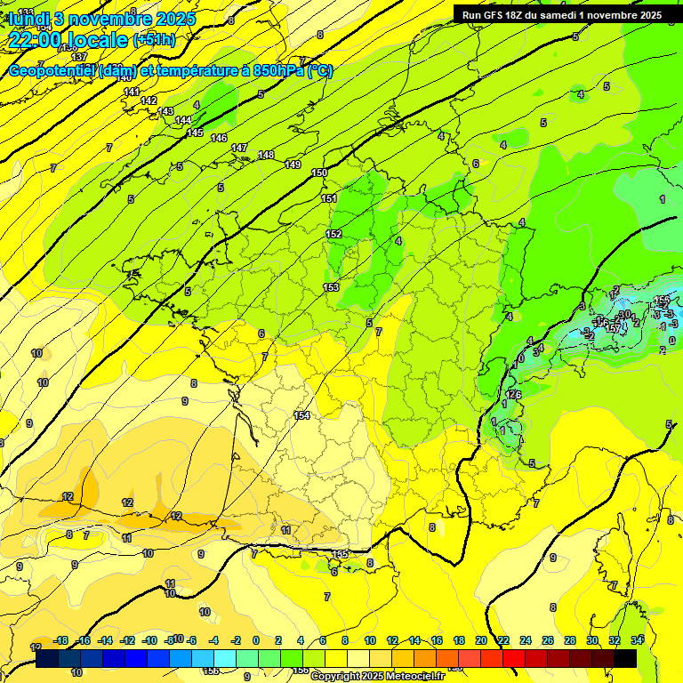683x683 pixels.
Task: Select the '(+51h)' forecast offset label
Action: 154,41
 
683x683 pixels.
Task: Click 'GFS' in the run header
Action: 497,14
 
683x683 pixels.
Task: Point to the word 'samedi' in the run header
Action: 568,14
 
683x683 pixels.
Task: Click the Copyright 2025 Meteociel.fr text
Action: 377,676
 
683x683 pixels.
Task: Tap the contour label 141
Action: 132,92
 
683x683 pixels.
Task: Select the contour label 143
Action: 165,111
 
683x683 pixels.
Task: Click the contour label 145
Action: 195,133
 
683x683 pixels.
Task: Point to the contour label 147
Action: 239,148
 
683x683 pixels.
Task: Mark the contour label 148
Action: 266,156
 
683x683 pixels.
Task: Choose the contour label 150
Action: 320,173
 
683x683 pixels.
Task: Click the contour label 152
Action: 333,234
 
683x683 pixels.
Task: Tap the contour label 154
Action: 301,415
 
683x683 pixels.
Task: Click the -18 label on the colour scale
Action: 61,640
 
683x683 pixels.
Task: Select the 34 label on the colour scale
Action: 636,640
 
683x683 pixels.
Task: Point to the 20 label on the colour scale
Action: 480,640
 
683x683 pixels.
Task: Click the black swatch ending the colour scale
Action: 625,658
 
